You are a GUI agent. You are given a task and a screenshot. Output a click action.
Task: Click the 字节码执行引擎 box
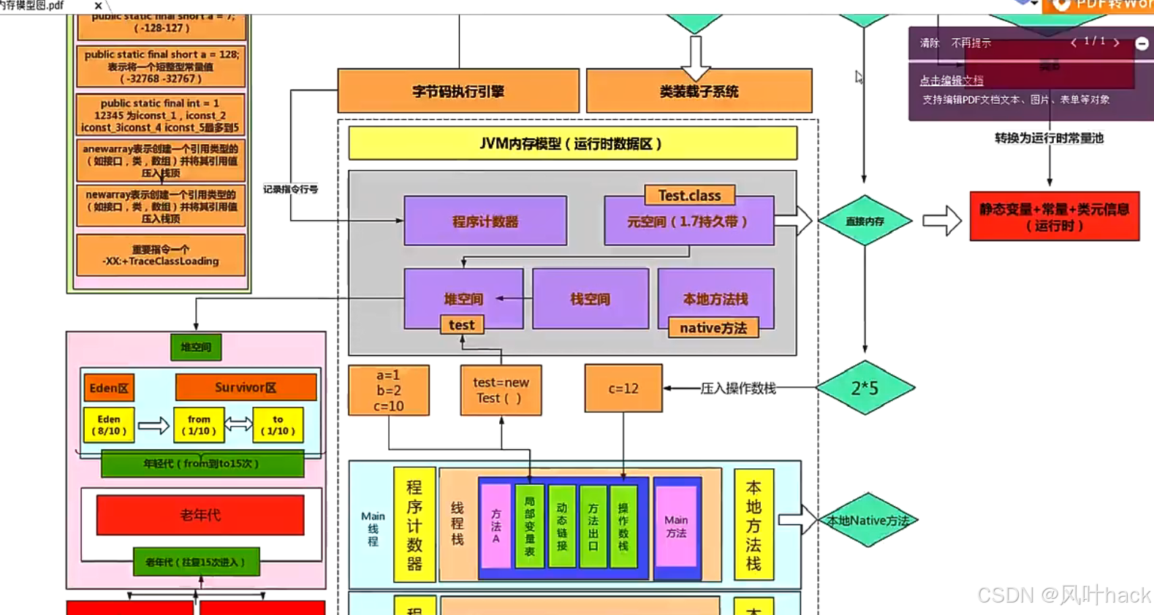(458, 91)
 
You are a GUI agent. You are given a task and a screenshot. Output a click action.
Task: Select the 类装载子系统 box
(699, 91)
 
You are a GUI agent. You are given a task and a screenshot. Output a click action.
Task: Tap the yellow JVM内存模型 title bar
(572, 143)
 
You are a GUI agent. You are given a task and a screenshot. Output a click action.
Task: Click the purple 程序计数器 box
(485, 221)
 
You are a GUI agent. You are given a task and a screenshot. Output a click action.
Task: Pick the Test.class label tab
(689, 195)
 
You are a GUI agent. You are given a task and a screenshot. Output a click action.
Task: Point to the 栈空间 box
(590, 299)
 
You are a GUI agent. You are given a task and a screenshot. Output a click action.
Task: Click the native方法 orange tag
(713, 328)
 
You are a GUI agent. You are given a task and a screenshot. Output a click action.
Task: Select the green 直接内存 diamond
(865, 221)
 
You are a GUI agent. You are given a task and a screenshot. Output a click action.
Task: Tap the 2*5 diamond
(865, 388)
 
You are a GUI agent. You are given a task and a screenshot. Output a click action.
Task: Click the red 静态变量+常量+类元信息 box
(1054, 217)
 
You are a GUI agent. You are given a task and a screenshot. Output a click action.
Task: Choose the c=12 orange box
(623, 389)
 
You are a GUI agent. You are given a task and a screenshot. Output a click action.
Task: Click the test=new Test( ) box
(501, 390)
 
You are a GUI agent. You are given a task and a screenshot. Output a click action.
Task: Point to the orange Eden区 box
(109, 388)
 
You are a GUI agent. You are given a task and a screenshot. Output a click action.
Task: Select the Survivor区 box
(246, 387)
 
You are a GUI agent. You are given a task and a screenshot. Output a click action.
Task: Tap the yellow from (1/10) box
(199, 425)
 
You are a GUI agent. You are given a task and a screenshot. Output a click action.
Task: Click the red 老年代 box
(200, 515)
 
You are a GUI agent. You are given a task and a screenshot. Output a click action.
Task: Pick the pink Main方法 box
(676, 527)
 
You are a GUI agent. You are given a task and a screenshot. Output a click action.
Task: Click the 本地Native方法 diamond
(868, 520)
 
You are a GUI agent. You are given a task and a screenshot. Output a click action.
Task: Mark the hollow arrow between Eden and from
(153, 425)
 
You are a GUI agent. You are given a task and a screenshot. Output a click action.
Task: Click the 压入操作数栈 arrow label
(738, 389)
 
